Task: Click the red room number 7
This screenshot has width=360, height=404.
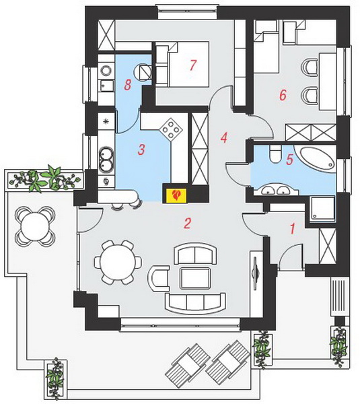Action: pyautogui.click(x=193, y=65)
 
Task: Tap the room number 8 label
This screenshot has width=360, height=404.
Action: pyautogui.click(x=128, y=85)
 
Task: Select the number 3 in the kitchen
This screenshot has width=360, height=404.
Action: pyautogui.click(x=141, y=149)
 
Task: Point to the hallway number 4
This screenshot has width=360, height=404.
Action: pyautogui.click(x=224, y=137)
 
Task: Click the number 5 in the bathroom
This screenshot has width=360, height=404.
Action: pyautogui.click(x=290, y=160)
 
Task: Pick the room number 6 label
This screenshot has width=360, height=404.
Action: pyautogui.click(x=283, y=96)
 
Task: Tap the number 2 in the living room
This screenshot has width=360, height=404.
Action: pyautogui.click(x=188, y=223)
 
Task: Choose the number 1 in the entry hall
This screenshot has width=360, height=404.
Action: pyautogui.click(x=293, y=228)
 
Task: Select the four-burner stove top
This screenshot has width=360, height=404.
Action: pyautogui.click(x=170, y=129)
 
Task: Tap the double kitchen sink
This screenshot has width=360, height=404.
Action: pyautogui.click(x=106, y=158)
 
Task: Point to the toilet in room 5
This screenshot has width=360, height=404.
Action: pyautogui.click(x=275, y=154)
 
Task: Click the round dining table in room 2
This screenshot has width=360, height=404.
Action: pyautogui.click(x=118, y=263)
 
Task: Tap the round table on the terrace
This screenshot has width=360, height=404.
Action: pyautogui.click(x=35, y=226)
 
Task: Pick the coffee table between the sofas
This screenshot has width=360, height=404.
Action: pyautogui.click(x=195, y=277)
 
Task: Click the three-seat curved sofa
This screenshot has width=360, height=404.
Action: pyautogui.click(x=195, y=303)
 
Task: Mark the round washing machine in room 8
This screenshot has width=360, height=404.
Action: pyautogui.click(x=144, y=72)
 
